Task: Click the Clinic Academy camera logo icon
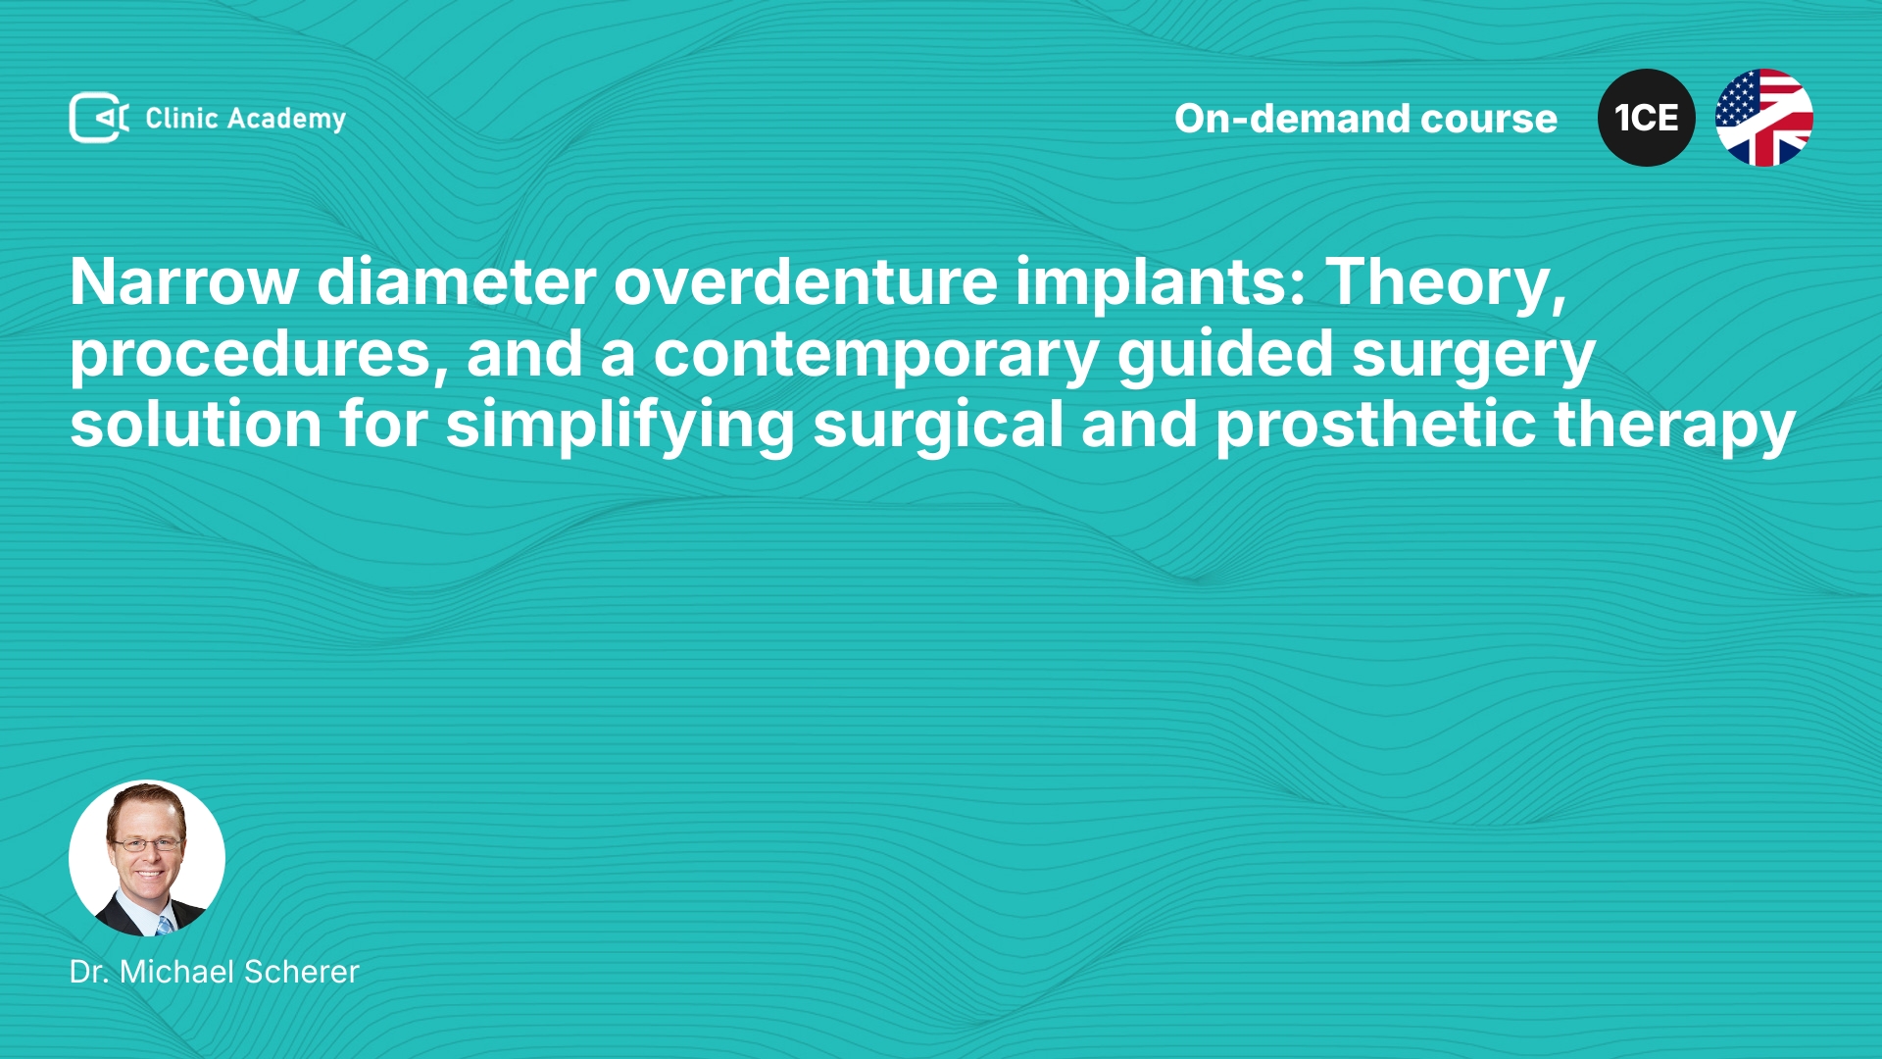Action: [99, 118]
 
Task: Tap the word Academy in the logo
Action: [286, 120]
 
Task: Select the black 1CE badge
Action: [1646, 118]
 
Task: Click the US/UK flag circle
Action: [1763, 118]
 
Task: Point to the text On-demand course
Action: [1365, 119]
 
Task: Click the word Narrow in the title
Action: [184, 282]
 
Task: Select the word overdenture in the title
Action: [805, 282]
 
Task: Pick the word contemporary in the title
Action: [876, 356]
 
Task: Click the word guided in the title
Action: [1225, 355]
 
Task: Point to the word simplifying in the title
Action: [619, 427]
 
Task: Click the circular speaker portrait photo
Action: [147, 858]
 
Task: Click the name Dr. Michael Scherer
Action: [215, 972]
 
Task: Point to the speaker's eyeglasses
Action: [147, 843]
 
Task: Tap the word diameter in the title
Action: [457, 282]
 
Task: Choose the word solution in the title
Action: [196, 426]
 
